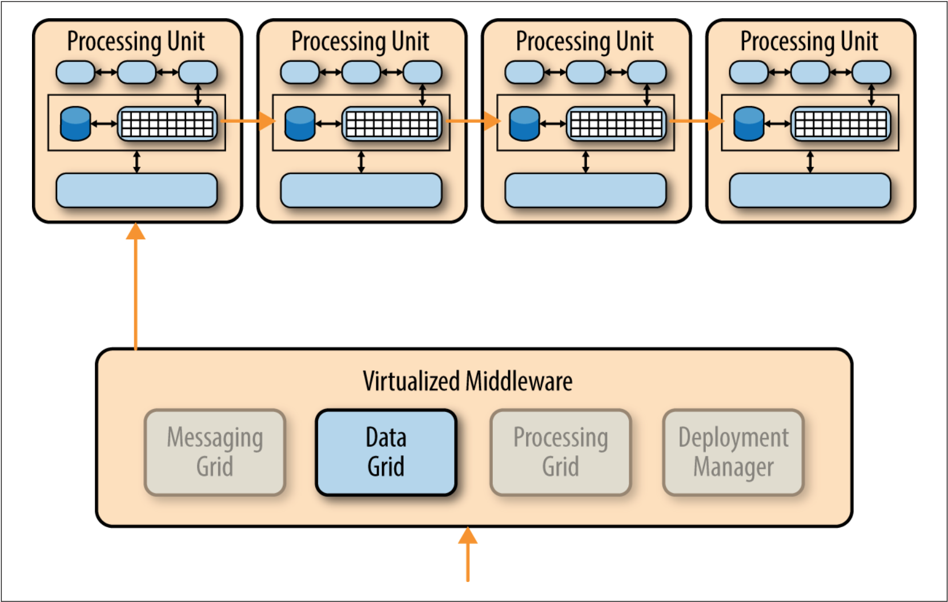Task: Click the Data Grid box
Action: pyautogui.click(x=386, y=452)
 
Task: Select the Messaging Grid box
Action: pyautogui.click(x=215, y=452)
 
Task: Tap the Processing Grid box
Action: pyautogui.click(x=560, y=452)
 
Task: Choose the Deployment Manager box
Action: pyautogui.click(x=733, y=452)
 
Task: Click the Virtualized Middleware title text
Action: pyautogui.click(x=467, y=381)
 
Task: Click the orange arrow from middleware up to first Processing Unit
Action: pyautogui.click(x=135, y=286)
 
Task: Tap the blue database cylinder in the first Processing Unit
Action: pyautogui.click(x=75, y=123)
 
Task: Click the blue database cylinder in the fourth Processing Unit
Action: pyautogui.click(x=749, y=123)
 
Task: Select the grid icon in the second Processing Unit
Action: pyautogui.click(x=392, y=123)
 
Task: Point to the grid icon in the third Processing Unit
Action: pyautogui.click(x=616, y=123)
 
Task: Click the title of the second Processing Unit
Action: pyautogui.click(x=360, y=41)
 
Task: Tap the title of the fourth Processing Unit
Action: pyautogui.click(x=809, y=41)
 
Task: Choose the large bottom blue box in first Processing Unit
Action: pyautogui.click(x=136, y=190)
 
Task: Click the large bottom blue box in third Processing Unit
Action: pyautogui.click(x=585, y=190)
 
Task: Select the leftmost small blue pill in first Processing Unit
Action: pyautogui.click(x=75, y=73)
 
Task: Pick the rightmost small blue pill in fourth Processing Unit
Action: pyautogui.click(x=871, y=73)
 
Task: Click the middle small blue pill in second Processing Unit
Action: pyautogui.click(x=361, y=73)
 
